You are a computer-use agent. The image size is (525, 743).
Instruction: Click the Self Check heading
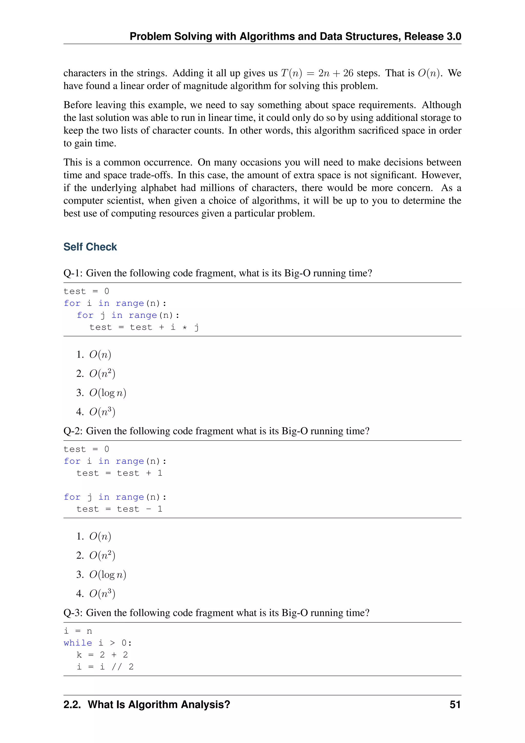[90, 247]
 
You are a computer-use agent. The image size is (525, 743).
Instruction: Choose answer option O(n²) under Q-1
[102, 374]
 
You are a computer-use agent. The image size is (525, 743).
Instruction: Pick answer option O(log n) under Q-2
[108, 574]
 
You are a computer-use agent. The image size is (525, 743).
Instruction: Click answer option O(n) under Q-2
[100, 536]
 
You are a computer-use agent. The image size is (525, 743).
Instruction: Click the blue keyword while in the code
[78, 643]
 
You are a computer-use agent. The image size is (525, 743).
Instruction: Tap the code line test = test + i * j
[144, 327]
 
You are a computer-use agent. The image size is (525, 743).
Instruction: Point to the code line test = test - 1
[119, 509]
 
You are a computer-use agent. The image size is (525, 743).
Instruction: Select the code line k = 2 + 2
[102, 655]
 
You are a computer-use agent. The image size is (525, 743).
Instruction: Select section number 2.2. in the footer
[72, 705]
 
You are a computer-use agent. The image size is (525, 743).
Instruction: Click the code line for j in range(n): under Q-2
[115, 497]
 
